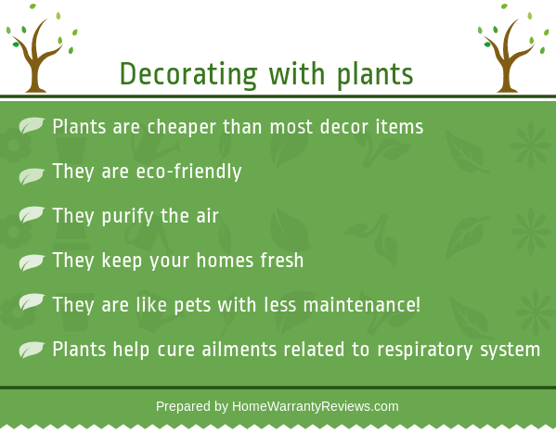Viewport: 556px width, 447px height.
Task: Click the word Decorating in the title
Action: [188, 74]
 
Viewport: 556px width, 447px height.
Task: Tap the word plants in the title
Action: [375, 74]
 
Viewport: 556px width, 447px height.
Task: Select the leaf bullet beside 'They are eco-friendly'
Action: [32, 176]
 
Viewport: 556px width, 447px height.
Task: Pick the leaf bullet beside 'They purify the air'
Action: [32, 214]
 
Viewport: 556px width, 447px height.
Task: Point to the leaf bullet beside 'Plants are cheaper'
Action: [32, 125]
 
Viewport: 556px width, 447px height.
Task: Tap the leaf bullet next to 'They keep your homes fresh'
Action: [32, 262]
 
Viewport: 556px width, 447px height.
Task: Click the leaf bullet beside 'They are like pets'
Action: [32, 301]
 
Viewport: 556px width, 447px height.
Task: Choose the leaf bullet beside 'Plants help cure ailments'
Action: [32, 350]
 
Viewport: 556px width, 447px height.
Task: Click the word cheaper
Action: [182, 127]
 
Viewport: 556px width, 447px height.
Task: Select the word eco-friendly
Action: [189, 172]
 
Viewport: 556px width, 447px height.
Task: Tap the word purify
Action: [128, 216]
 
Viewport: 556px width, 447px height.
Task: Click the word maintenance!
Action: [362, 305]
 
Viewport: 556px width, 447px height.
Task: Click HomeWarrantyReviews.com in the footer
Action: [316, 406]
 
